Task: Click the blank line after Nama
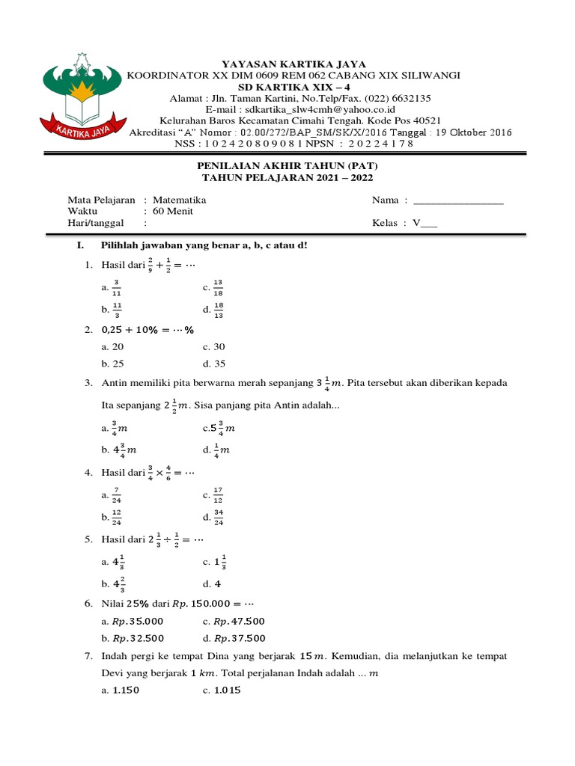click(458, 200)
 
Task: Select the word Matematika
click(179, 200)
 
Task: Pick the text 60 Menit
click(173, 212)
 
